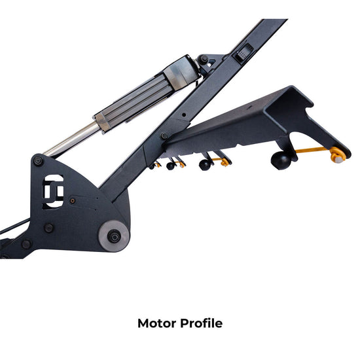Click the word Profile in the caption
coord(202,323)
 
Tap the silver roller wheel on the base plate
coord(114,236)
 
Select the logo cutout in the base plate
coord(53,191)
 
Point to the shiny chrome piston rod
coord(72,139)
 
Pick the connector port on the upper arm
coord(243,52)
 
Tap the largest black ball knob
coord(281,160)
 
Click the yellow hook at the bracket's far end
coord(337,155)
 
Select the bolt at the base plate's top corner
coord(38,160)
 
